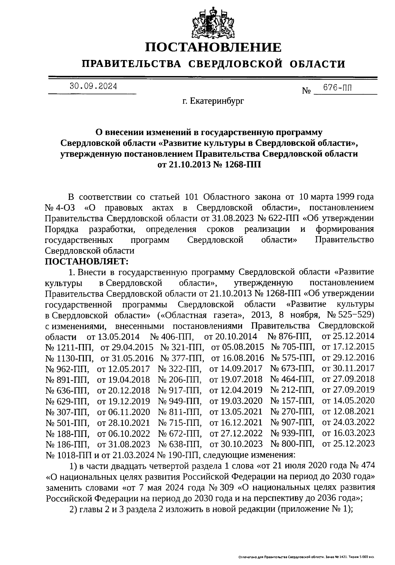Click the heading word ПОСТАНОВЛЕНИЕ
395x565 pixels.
tap(214, 47)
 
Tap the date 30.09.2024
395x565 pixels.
tap(93, 87)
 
